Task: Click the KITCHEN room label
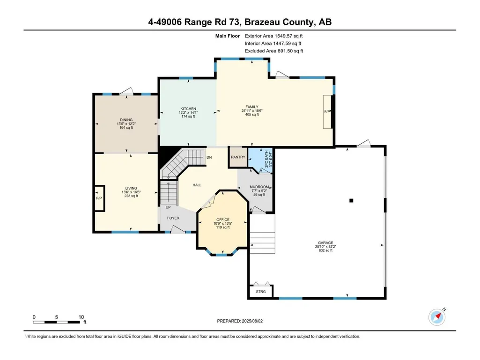tap(188, 109)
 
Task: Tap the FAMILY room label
tap(252, 107)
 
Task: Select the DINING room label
tap(126, 120)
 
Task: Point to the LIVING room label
tap(131, 188)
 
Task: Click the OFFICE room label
tap(223, 220)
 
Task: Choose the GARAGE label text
tap(325, 243)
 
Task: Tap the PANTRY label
tap(238, 157)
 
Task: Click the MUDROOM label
tap(259, 187)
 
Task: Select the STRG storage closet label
tap(261, 292)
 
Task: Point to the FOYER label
tap(173, 218)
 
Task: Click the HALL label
tap(197, 185)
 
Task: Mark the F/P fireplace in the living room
tap(99, 198)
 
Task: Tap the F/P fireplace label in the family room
tap(327, 112)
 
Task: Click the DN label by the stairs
tap(209, 157)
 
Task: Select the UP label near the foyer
tap(168, 207)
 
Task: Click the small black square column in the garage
tap(351, 200)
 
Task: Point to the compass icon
tap(437, 317)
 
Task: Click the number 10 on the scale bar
tap(81, 317)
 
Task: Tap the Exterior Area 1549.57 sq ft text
tap(273, 36)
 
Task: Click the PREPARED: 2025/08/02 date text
tap(240, 321)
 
